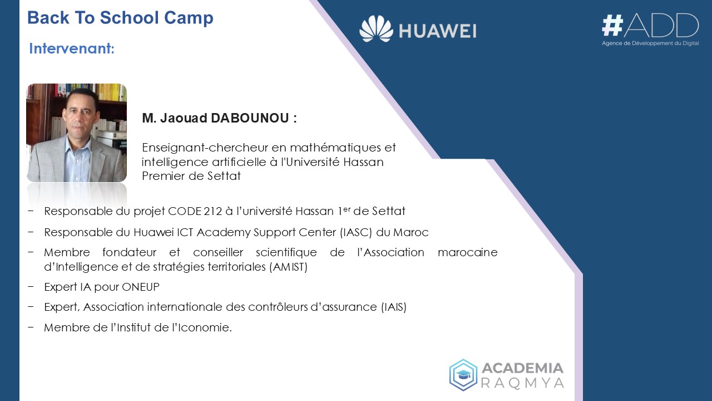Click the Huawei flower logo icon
(x=376, y=29)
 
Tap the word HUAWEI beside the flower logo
(x=438, y=32)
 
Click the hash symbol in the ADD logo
(x=612, y=26)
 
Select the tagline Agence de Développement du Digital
(x=650, y=43)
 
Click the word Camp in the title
(x=189, y=17)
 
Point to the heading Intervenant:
(x=72, y=48)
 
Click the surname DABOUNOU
(x=250, y=118)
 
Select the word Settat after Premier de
(x=224, y=176)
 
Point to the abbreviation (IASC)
(x=355, y=233)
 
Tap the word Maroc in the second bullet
(x=411, y=233)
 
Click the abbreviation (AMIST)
(x=288, y=267)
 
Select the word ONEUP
(x=141, y=287)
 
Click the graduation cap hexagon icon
(x=463, y=375)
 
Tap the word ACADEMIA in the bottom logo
(x=522, y=369)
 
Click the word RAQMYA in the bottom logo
(x=522, y=383)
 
